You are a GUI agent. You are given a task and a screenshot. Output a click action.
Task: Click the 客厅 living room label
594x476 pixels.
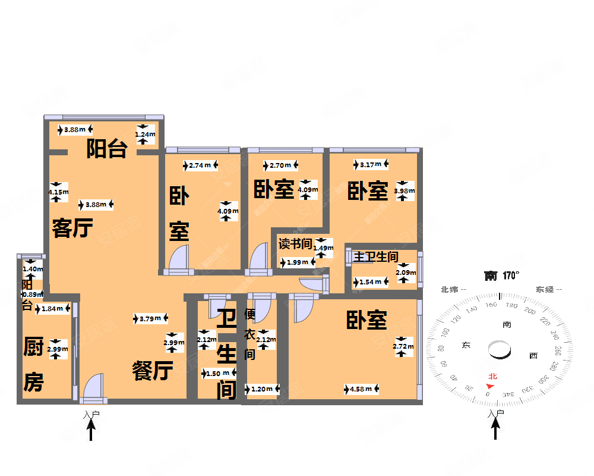click(x=73, y=228)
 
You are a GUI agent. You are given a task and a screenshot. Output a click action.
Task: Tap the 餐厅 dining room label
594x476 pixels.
click(x=153, y=372)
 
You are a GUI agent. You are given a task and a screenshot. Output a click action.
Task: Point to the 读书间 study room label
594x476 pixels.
click(x=295, y=243)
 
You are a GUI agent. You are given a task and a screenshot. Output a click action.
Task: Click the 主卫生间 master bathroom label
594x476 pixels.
click(x=376, y=257)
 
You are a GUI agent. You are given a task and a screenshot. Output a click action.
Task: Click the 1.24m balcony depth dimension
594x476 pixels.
click(x=144, y=134)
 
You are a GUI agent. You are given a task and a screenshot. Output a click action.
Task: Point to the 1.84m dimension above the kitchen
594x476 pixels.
click(x=52, y=309)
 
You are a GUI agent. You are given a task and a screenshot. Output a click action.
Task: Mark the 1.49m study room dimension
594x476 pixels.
click(x=323, y=248)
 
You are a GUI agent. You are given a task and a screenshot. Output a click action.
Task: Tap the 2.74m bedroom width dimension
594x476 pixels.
click(x=200, y=165)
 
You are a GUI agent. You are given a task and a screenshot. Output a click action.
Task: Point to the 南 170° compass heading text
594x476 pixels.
click(x=502, y=275)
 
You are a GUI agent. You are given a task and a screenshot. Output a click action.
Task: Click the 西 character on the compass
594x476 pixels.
click(x=533, y=356)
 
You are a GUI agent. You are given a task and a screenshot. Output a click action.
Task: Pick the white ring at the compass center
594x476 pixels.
click(x=499, y=349)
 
